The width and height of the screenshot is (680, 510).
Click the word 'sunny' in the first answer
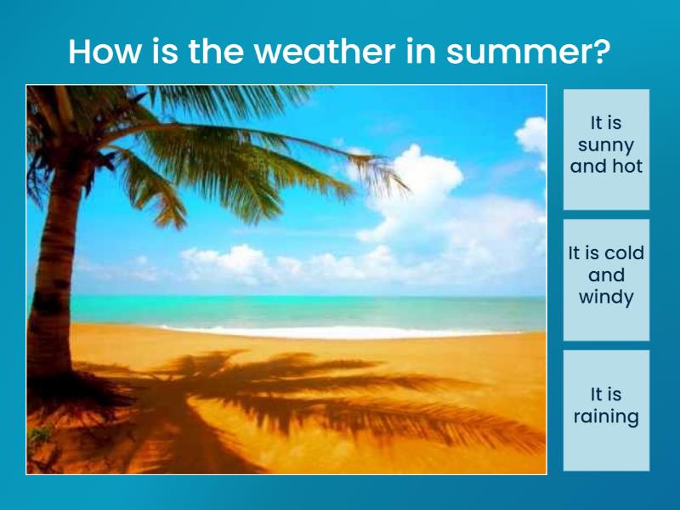pyautogui.click(x=606, y=144)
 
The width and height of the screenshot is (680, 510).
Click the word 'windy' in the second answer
pyautogui.click(x=606, y=297)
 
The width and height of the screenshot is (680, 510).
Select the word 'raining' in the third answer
pyautogui.click(x=606, y=416)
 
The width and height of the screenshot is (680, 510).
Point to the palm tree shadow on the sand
pyautogui.click(x=280, y=391)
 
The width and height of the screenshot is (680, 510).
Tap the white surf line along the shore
pyautogui.click(x=340, y=331)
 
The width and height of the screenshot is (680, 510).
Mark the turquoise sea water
pyautogui.click(x=340, y=310)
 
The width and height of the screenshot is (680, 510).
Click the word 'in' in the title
pyautogui.click(x=413, y=52)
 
